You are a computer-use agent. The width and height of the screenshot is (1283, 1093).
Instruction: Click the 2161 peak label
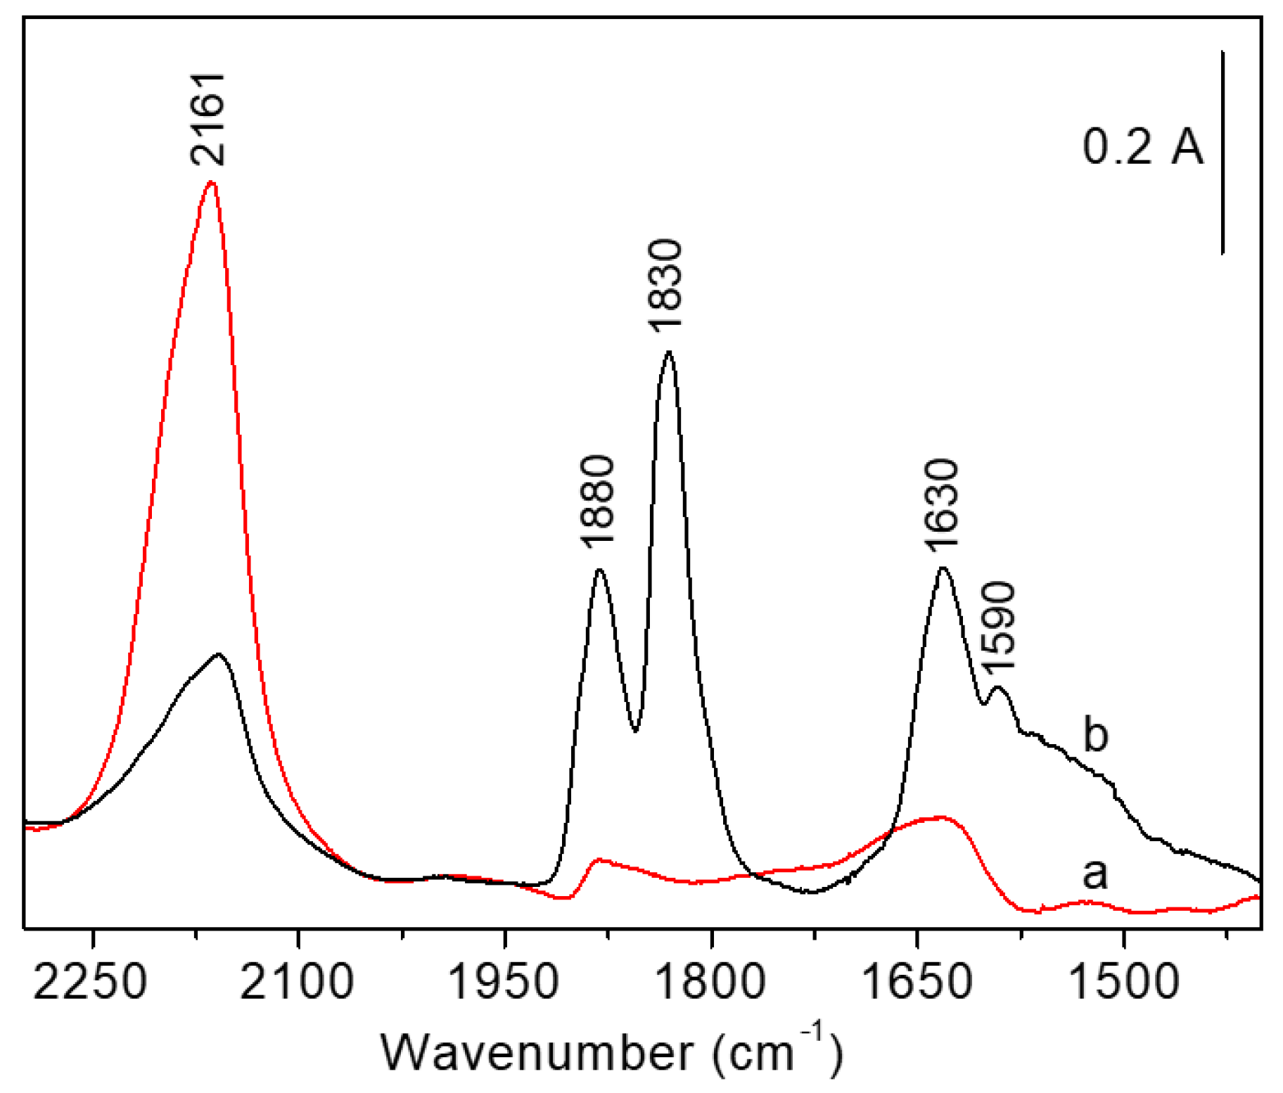click(x=208, y=120)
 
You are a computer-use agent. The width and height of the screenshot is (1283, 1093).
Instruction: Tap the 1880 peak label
click(x=598, y=501)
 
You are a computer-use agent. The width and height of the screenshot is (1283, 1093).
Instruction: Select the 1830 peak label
click(x=665, y=285)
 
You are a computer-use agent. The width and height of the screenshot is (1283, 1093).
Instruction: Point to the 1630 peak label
click(x=942, y=504)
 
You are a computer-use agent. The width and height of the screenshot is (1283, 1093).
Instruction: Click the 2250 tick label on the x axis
click(x=90, y=982)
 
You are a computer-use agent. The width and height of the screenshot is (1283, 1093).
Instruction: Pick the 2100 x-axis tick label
click(x=297, y=982)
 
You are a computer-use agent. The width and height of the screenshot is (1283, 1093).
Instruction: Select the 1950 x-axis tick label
click(x=504, y=982)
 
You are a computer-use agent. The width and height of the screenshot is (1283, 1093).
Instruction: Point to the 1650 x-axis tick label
click(x=917, y=982)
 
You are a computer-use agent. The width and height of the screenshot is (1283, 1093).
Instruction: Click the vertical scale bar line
click(x=1223, y=151)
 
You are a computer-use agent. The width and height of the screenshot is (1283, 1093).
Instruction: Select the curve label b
click(x=1095, y=735)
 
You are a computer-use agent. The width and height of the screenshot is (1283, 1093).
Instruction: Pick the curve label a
click(x=1094, y=874)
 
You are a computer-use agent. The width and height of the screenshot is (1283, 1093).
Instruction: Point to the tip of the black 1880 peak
click(x=599, y=570)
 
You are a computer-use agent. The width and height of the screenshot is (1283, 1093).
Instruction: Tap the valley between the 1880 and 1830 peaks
click(x=635, y=730)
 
